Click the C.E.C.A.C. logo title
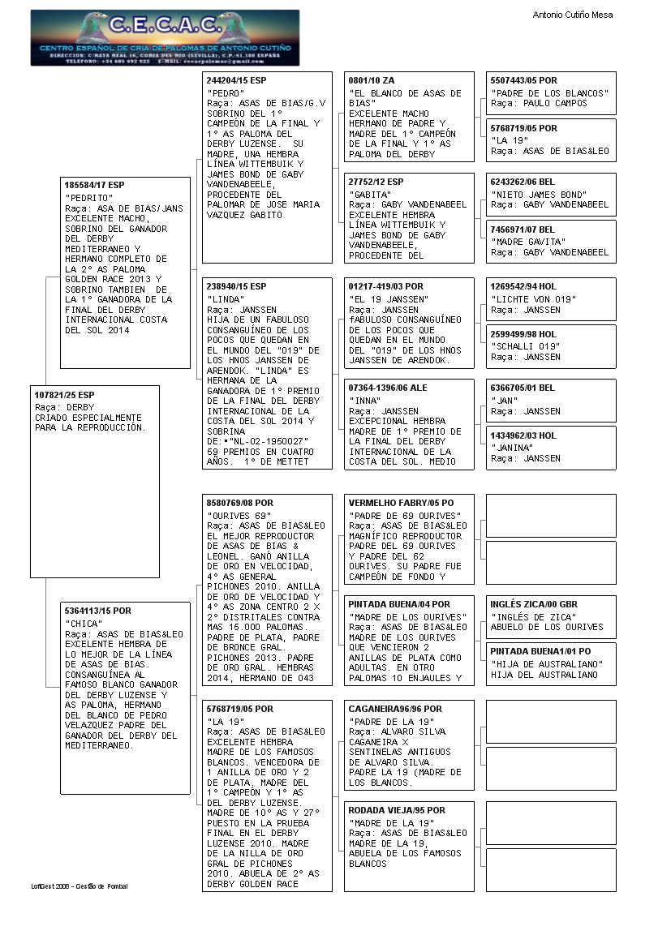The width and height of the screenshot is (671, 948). (x=165, y=26)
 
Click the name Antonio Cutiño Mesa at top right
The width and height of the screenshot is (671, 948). (x=572, y=15)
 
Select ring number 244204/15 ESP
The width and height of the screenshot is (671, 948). (x=236, y=81)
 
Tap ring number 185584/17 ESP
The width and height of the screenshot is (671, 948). (x=94, y=185)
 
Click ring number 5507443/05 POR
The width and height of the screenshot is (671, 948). (x=523, y=81)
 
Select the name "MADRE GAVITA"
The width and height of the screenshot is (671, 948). (x=528, y=242)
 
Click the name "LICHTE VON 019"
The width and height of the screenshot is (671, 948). (x=534, y=299)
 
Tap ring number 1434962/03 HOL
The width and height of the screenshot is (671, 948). (x=523, y=435)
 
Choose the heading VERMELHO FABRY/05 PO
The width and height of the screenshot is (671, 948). (x=399, y=503)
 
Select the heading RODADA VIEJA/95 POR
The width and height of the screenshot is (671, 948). (x=397, y=810)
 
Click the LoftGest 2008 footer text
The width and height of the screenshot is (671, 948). (x=80, y=886)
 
